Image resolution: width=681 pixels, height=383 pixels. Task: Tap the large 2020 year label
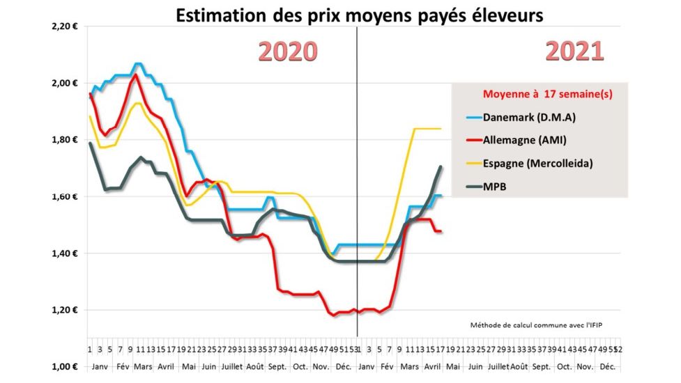[x=288, y=51]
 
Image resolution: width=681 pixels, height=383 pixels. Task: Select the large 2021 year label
[x=574, y=51]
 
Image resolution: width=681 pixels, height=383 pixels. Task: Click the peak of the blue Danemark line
[x=138, y=64]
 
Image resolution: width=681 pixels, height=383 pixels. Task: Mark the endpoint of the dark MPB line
[x=441, y=166]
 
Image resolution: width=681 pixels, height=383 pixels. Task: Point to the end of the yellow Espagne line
[x=441, y=128]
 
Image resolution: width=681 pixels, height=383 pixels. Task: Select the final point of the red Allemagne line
[x=441, y=231]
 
